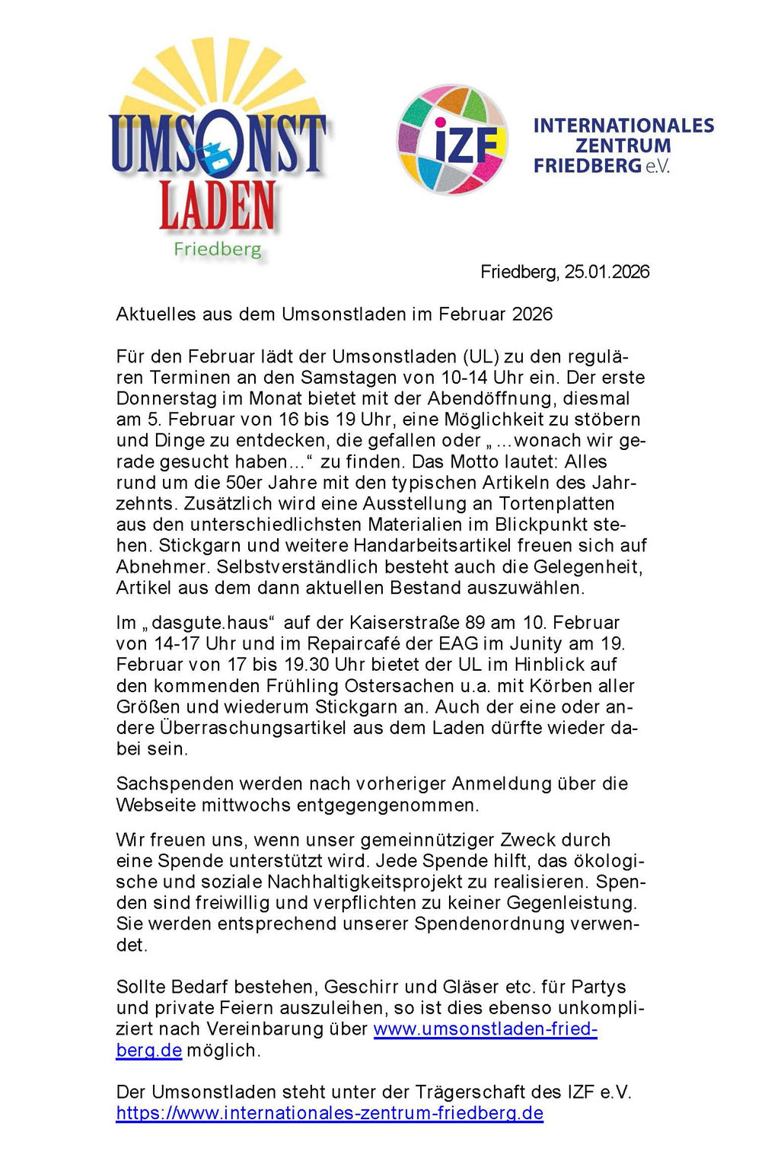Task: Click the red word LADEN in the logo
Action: point(217,206)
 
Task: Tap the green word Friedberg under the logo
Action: point(217,250)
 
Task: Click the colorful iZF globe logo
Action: point(452,140)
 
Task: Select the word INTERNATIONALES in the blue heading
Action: point(623,126)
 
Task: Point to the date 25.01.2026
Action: point(607,272)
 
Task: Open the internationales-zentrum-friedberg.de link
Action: point(330,1113)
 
